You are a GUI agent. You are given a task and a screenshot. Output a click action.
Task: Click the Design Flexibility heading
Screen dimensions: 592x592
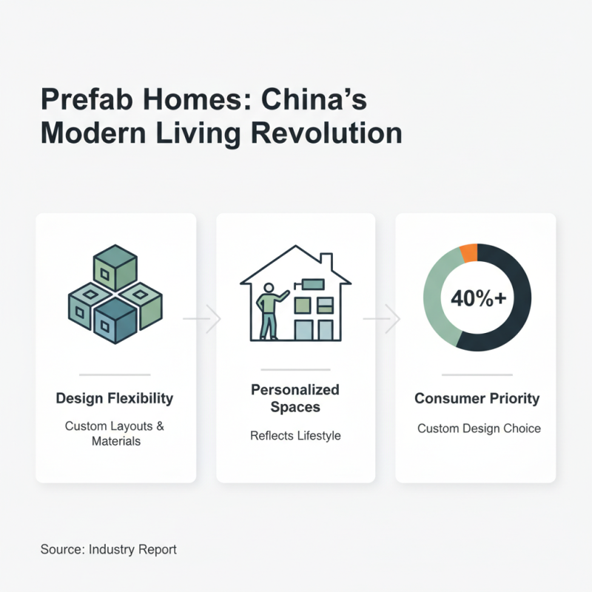click(x=115, y=398)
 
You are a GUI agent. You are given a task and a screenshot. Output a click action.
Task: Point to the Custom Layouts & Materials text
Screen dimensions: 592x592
click(x=115, y=434)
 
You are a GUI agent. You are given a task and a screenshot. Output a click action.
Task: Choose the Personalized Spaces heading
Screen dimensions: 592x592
click(x=295, y=398)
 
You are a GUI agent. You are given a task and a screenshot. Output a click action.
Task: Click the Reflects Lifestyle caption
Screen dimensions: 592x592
click(x=295, y=435)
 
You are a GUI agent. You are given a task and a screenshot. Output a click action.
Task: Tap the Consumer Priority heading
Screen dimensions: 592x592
click(x=477, y=399)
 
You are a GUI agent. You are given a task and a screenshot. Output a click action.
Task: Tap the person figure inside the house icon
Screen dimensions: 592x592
click(x=268, y=311)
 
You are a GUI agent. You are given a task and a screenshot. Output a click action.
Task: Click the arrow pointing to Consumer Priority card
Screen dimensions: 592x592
click(x=383, y=320)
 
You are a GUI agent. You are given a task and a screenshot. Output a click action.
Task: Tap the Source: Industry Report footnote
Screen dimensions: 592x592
click(x=109, y=550)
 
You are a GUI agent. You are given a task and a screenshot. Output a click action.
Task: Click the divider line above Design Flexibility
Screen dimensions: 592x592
click(x=115, y=374)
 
